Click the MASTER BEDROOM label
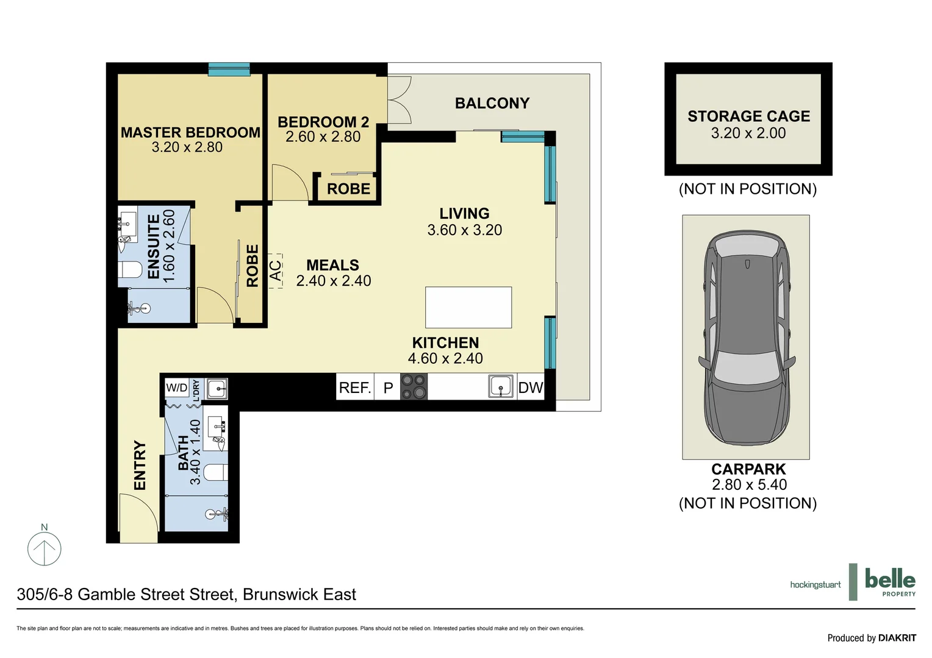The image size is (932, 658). tap(190, 132)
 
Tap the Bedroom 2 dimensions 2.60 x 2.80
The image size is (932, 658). tap(323, 137)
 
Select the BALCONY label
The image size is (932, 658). tap(492, 104)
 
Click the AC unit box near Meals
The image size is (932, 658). tap(276, 271)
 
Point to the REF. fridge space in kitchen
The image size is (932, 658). tap(355, 387)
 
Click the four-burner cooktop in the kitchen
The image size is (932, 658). tap(414, 387)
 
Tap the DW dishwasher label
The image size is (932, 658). tap(530, 387)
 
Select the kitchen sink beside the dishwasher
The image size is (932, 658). tap(500, 387)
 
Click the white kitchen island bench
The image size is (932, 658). tap(468, 308)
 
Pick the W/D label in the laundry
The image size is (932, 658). tap(177, 387)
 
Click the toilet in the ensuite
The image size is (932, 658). tap(130, 269)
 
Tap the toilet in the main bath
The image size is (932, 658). tap(215, 473)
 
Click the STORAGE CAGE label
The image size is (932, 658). tap(748, 116)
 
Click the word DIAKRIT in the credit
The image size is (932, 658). tap(897, 638)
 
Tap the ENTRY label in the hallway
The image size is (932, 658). tap(140, 465)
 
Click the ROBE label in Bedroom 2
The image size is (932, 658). tap(348, 189)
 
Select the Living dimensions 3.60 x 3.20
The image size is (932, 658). tap(465, 230)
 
